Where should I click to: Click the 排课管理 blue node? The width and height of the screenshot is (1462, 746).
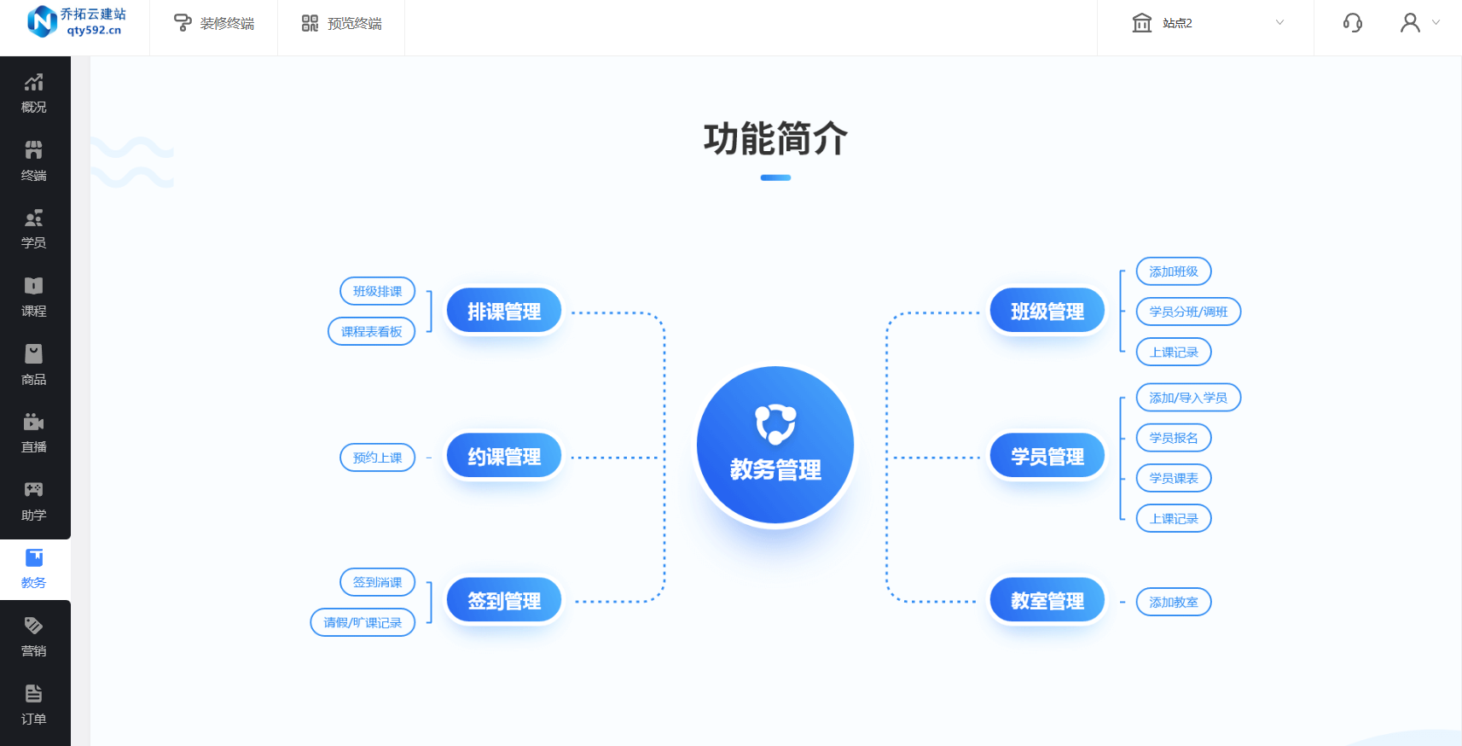click(504, 311)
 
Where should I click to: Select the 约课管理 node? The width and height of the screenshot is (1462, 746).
click(504, 456)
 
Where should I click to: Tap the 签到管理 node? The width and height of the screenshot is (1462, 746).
click(504, 600)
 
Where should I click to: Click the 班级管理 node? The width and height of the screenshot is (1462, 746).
click(1047, 311)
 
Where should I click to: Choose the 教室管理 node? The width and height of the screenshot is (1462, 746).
click(1047, 600)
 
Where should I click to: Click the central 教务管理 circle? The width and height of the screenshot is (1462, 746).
click(775, 445)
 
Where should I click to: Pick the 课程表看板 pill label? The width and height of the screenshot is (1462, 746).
click(371, 331)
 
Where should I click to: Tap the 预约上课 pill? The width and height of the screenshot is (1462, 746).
click(377, 458)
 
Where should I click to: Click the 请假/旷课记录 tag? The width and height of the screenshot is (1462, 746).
click(363, 622)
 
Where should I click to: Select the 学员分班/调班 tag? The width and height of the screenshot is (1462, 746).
click(1188, 312)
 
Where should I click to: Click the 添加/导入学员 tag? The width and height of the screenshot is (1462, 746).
click(1188, 397)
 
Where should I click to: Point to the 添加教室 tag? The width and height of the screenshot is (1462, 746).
click(1174, 602)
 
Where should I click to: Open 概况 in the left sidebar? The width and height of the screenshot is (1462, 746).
click(34, 93)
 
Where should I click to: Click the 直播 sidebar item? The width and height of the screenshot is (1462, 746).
click(34, 433)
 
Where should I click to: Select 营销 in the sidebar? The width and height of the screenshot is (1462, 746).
click(34, 637)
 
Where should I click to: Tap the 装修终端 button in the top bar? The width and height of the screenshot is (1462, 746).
click(214, 24)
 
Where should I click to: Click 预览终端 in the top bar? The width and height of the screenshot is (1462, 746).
click(341, 24)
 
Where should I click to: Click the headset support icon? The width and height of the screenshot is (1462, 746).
click(1352, 23)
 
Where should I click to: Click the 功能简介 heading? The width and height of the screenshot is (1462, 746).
click(775, 138)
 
